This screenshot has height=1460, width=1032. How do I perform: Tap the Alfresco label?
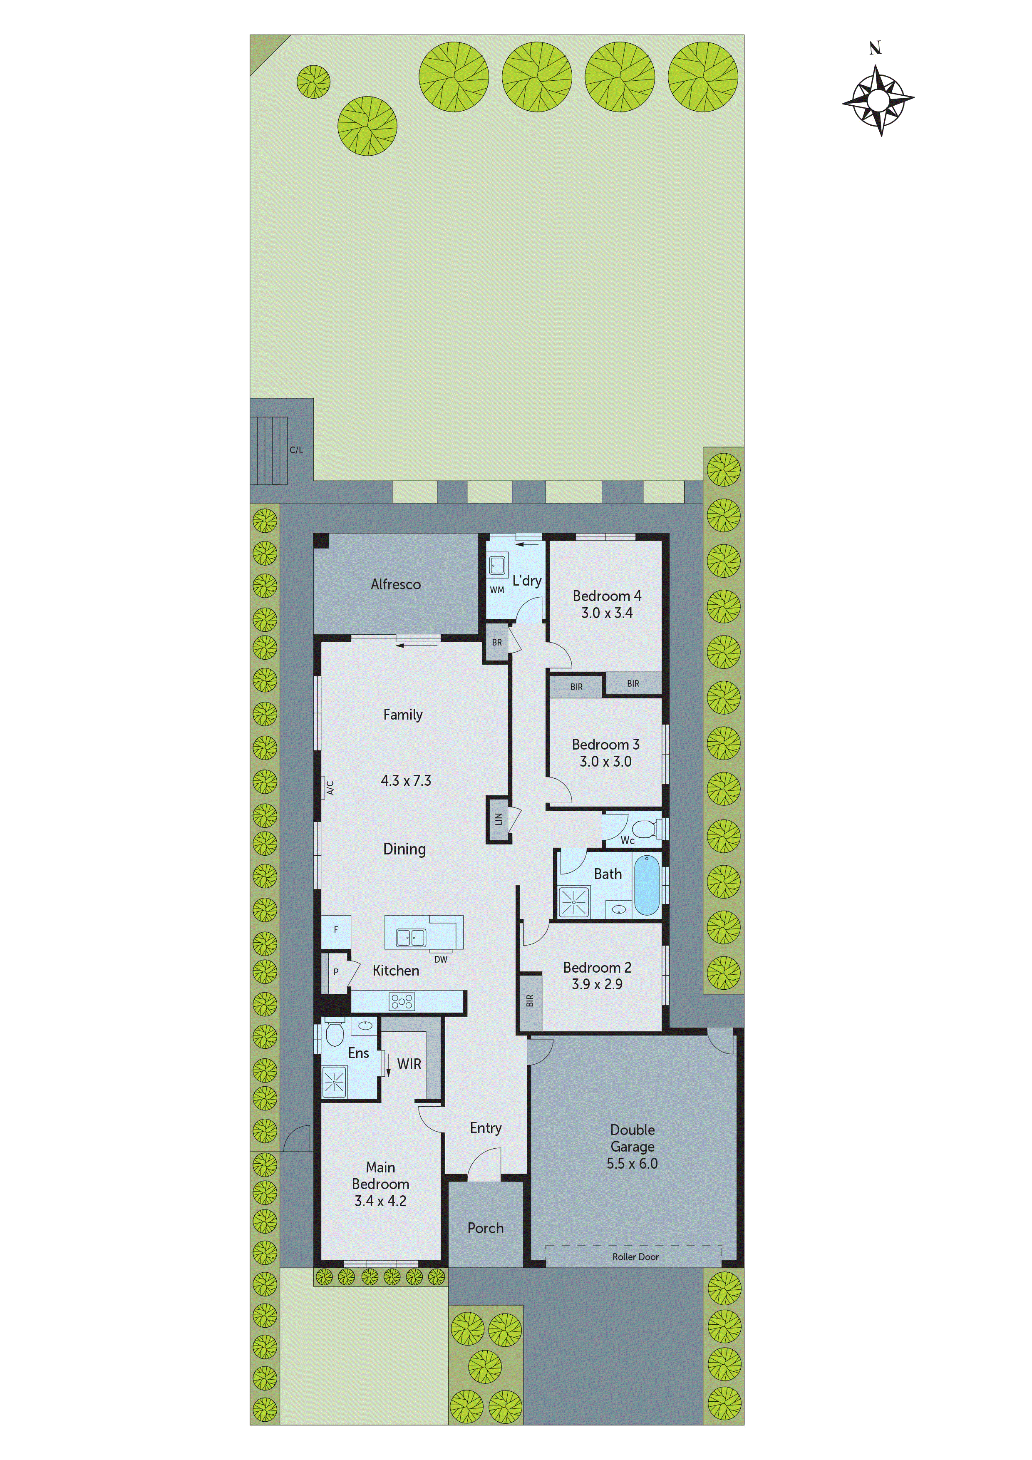(395, 584)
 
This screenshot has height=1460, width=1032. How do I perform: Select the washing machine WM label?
(496, 590)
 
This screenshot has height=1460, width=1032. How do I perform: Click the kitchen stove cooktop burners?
(402, 1001)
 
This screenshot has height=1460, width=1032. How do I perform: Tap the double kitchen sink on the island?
(411, 937)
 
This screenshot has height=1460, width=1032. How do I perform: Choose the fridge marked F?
(336, 930)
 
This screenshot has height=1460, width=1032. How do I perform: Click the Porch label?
(485, 1228)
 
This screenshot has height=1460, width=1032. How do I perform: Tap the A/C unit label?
(330, 788)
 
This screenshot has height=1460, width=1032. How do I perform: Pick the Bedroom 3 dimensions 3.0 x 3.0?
(605, 762)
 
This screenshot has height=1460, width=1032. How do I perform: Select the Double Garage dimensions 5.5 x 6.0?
(632, 1164)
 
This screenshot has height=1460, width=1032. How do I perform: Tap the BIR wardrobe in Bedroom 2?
(530, 1001)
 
